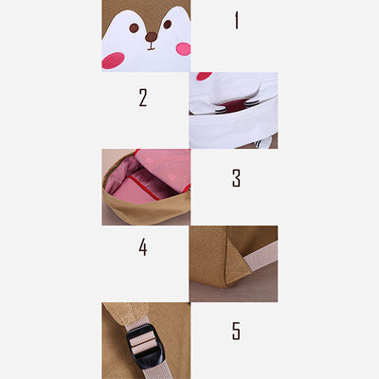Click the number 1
(x=237, y=21)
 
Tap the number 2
(x=143, y=98)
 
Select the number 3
(x=236, y=178)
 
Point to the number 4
(x=143, y=247)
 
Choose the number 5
(x=236, y=331)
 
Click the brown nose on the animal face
(x=151, y=37)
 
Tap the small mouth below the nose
(x=151, y=46)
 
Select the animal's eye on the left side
(x=134, y=28)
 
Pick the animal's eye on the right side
(x=168, y=25)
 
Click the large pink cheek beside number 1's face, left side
(x=113, y=61)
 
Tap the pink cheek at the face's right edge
(x=184, y=49)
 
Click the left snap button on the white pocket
(x=220, y=110)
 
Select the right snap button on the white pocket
(x=251, y=103)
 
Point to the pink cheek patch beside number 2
(x=204, y=76)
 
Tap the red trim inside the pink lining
(x=144, y=188)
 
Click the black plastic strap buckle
(x=145, y=345)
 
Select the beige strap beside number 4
(x=261, y=255)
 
